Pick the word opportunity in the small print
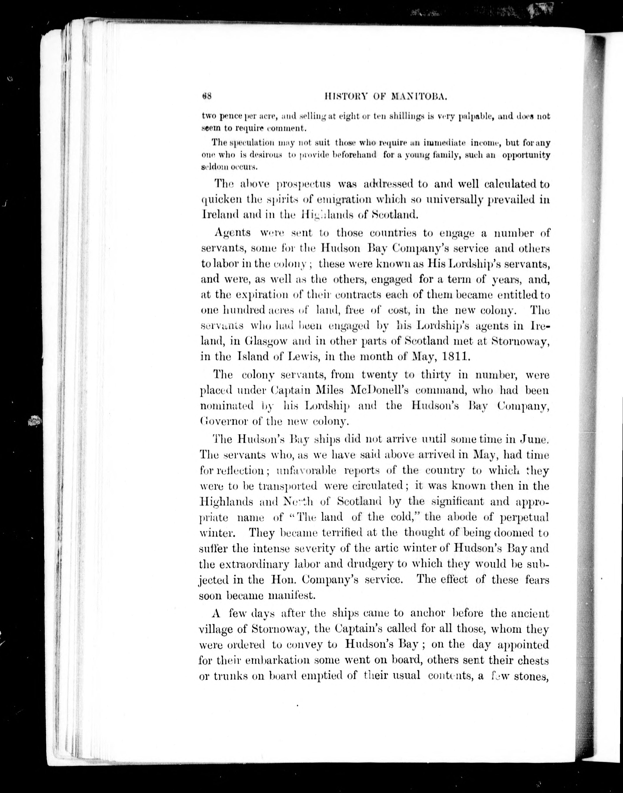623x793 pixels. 526,155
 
